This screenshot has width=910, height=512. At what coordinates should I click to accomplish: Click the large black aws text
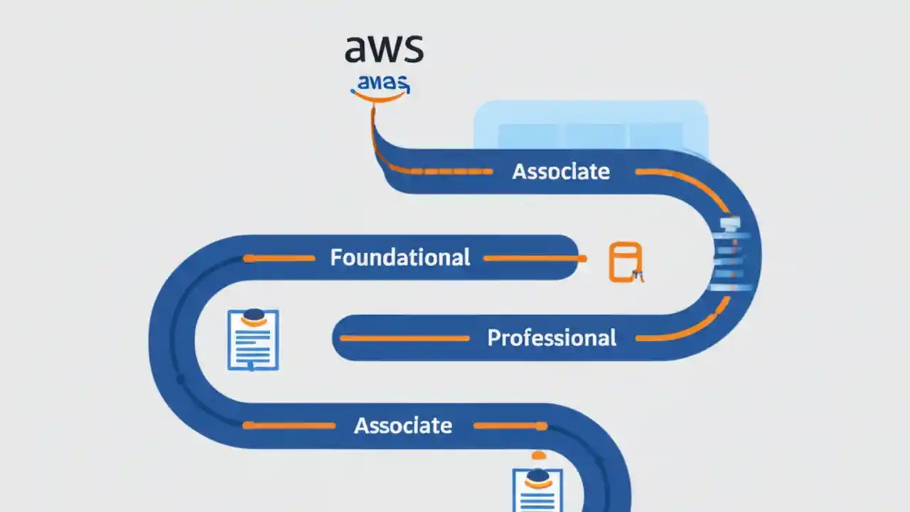383,48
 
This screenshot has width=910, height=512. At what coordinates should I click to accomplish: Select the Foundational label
400,257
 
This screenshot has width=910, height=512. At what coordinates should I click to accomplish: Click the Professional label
552,338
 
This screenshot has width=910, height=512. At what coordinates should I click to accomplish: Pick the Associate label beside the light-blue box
561,171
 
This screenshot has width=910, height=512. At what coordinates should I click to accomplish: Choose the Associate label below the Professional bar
403,425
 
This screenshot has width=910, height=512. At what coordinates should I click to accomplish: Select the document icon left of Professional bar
252,339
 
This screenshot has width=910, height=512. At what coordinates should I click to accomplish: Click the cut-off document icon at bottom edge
537,491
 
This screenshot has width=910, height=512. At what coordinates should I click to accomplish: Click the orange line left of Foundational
279,258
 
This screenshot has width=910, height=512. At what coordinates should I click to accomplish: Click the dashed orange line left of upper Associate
441,171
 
